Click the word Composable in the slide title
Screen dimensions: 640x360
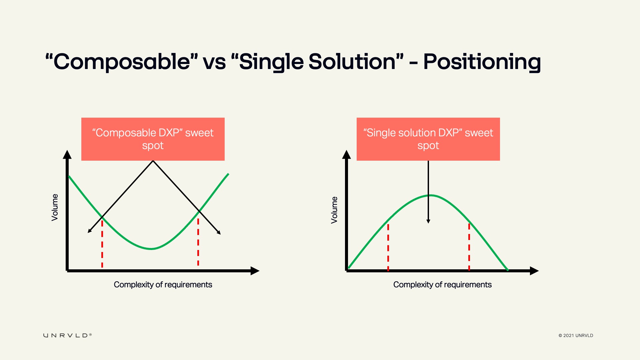122,62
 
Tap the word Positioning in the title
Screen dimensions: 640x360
482,62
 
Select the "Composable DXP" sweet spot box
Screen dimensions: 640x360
153,139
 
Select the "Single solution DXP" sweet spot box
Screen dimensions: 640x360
428,139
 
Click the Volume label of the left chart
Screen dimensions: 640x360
55,207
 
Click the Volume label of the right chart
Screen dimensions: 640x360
334,210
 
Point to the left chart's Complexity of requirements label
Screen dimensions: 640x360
163,285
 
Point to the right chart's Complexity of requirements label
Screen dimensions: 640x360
442,285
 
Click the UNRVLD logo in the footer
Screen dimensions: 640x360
67,335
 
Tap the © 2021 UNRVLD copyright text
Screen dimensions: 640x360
576,336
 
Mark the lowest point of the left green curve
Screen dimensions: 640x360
151,249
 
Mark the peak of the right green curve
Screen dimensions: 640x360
430,195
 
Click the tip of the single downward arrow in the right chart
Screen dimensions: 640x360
428,223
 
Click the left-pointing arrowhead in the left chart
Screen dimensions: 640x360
88,232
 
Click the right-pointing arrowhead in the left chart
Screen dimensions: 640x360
220,234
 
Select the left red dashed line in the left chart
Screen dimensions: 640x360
102,244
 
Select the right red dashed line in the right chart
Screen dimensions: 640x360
469,247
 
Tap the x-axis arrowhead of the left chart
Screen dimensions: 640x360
255,271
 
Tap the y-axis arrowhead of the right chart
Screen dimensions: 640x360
346,154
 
